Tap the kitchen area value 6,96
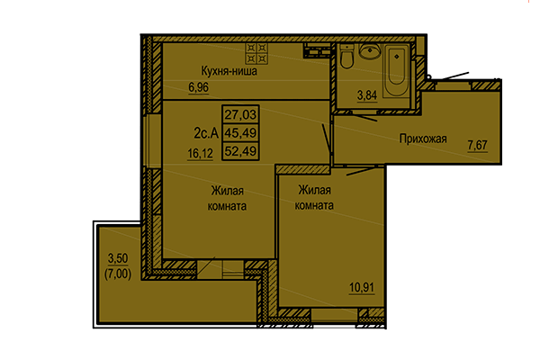[x=197, y=87]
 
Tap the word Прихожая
[x=422, y=138]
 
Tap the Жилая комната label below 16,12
[x=229, y=198]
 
